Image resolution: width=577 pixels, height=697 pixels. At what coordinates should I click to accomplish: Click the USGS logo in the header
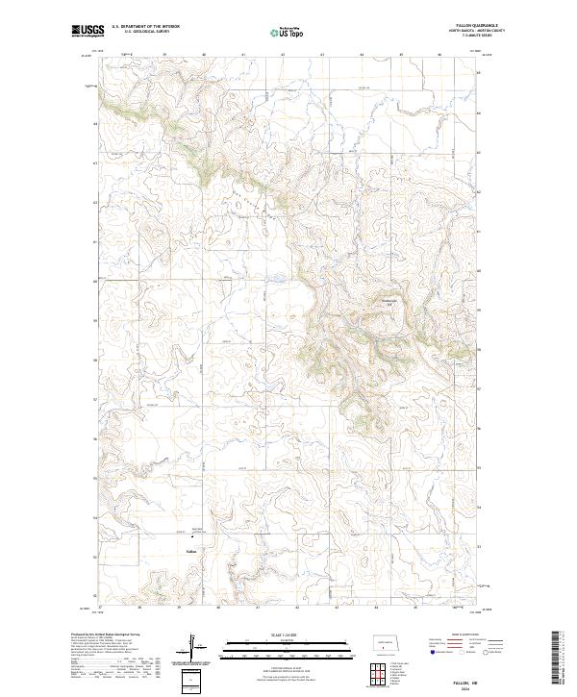tap(86, 32)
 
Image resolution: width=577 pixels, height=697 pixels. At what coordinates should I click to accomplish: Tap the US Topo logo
tap(288, 33)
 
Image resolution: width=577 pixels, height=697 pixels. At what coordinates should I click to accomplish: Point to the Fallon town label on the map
tap(190, 551)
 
